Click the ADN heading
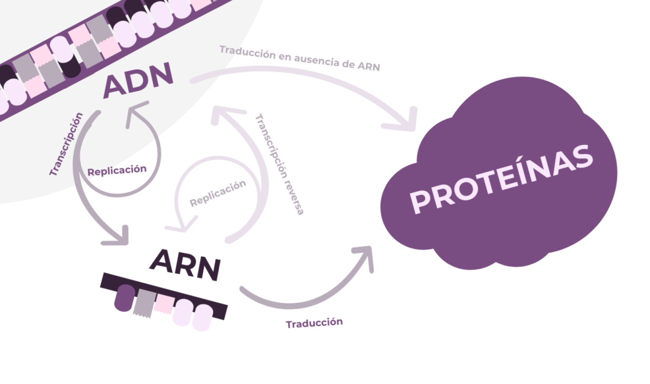[x=138, y=80]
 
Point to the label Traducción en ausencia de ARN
[x=300, y=58]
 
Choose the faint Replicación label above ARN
[x=217, y=193]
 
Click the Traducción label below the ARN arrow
[x=314, y=323]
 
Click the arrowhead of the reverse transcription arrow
[x=223, y=114]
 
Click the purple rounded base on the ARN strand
[x=124, y=298]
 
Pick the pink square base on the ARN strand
[x=164, y=303]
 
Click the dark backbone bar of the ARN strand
[x=162, y=287]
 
